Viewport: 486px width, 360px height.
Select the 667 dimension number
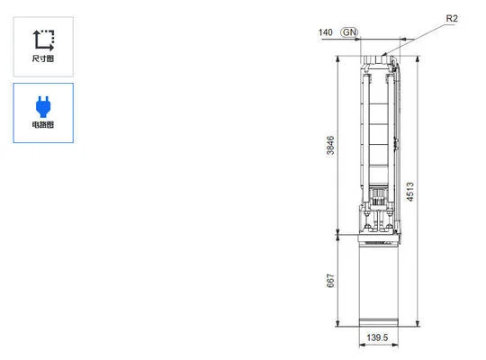(330, 281)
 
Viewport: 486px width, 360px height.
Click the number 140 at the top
(326, 33)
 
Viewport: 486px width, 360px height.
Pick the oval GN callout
(349, 33)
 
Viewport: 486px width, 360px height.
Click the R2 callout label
(452, 18)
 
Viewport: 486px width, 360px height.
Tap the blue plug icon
(42, 104)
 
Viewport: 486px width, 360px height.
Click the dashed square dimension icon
(42, 39)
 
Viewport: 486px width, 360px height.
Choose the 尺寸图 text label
(42, 58)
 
